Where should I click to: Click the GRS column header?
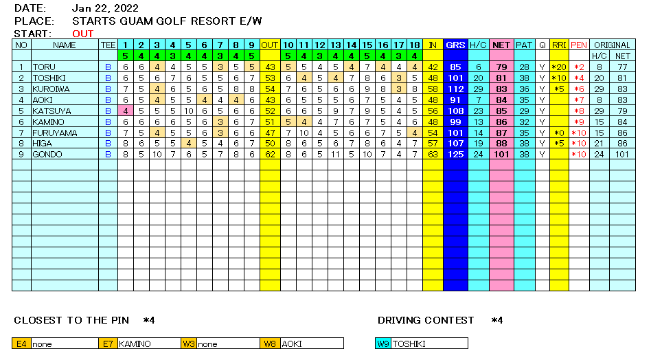(x=454, y=45)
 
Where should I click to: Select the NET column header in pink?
(x=501, y=45)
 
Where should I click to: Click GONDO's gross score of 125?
(x=454, y=155)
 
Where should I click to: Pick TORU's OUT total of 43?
(x=270, y=67)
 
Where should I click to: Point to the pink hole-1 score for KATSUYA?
(x=126, y=111)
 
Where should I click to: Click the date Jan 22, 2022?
(x=104, y=9)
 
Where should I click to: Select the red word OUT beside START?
(x=83, y=34)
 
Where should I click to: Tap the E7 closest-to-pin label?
(x=108, y=344)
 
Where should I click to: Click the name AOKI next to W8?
(x=292, y=344)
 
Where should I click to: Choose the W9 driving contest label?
(x=382, y=344)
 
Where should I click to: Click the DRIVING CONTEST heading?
(x=426, y=320)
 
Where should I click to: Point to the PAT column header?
(x=524, y=45)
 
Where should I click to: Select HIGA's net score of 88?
(x=501, y=144)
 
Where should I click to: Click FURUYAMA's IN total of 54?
(x=433, y=133)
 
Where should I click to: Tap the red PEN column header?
(x=579, y=45)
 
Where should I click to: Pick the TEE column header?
(x=108, y=45)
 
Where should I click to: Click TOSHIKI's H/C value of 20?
(x=478, y=78)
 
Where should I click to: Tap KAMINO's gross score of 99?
(x=454, y=122)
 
